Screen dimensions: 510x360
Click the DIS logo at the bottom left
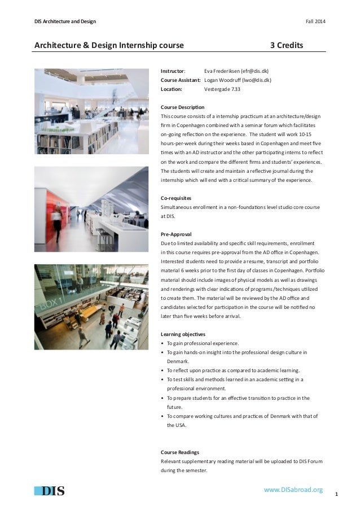(x=49, y=490)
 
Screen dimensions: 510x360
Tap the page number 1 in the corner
(x=336, y=495)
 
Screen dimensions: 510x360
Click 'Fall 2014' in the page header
(x=315, y=22)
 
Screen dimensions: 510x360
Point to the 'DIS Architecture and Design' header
(x=65, y=22)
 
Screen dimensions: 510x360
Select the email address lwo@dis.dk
(x=258, y=80)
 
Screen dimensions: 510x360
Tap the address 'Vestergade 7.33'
(x=222, y=89)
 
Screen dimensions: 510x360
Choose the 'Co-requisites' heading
(x=176, y=198)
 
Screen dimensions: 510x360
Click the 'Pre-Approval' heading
(x=175, y=233)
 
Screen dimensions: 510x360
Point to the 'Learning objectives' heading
(x=183, y=333)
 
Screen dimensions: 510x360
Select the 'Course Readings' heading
(x=180, y=452)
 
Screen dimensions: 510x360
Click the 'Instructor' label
(x=173, y=72)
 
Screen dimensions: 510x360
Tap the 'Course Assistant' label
(x=180, y=80)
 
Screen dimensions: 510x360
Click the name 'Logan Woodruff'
(x=223, y=80)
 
